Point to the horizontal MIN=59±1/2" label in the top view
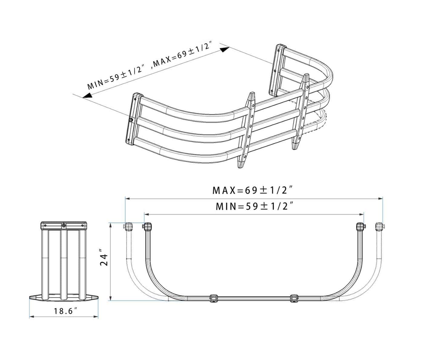tap(255, 206)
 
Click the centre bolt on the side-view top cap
tap(64, 225)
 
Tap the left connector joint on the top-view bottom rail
tap(214, 298)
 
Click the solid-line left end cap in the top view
tap(148, 226)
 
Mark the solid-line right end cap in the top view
tap(360, 226)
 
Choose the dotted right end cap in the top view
tap(379, 226)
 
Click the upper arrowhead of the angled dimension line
tap(224, 49)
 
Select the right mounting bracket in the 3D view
tap(277, 69)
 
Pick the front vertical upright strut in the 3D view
tap(246, 130)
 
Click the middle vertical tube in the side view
tap(64, 264)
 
